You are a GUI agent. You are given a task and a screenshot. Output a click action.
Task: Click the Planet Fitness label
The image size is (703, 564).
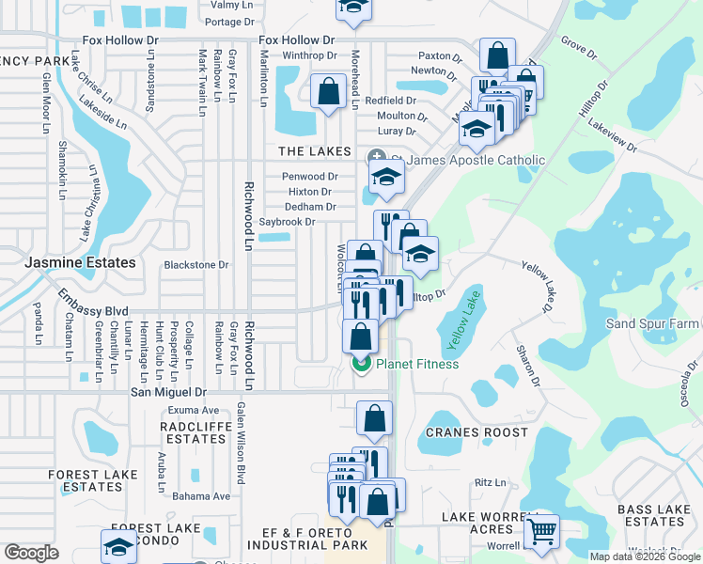pos(417,364)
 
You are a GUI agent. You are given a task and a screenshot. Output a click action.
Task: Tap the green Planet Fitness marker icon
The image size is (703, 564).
pos(360,364)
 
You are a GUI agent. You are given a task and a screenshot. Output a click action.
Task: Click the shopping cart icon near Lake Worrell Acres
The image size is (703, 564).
pos(541,531)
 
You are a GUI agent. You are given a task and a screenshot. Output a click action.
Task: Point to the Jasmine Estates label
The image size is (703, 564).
pos(81,263)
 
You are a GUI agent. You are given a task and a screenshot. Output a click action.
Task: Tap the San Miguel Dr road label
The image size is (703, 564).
pos(168,391)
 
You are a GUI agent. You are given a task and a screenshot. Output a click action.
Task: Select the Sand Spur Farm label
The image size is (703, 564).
pos(653,323)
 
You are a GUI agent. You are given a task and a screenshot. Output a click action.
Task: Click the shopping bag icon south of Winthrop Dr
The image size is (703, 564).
pos(328,92)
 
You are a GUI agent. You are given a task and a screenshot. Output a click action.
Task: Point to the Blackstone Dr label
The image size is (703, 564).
pos(196,265)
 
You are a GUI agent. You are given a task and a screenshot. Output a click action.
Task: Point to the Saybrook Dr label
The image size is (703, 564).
pos(286,222)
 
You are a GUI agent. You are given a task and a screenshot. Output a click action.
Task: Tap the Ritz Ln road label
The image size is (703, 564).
pos(490,482)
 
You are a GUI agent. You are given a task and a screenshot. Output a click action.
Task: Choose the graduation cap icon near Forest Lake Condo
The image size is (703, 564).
pos(119,546)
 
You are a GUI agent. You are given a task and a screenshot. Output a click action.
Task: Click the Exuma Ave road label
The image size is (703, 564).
pos(193,410)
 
